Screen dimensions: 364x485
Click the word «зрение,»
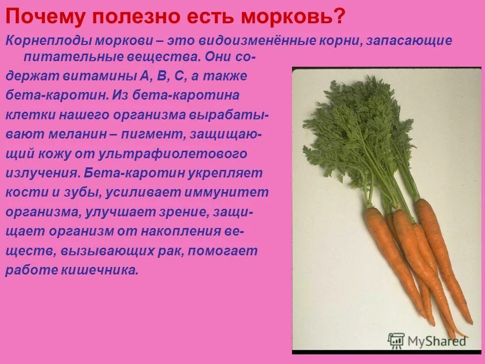pyautogui.click(x=178, y=212)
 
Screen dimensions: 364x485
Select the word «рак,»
pyautogui.click(x=164, y=251)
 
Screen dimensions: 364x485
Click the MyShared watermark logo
pyautogui.click(x=427, y=340)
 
